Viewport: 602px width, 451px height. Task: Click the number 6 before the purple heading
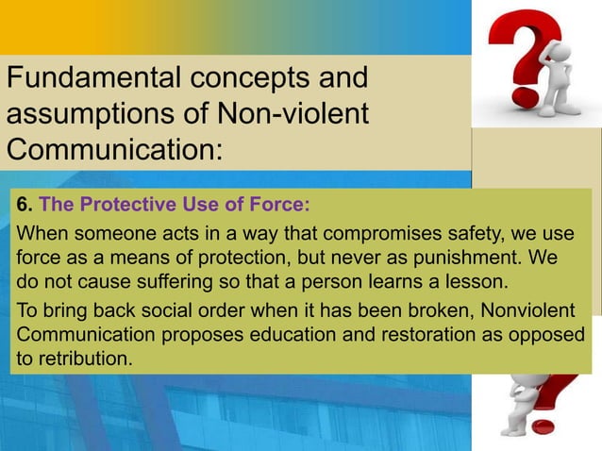coord(24,205)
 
